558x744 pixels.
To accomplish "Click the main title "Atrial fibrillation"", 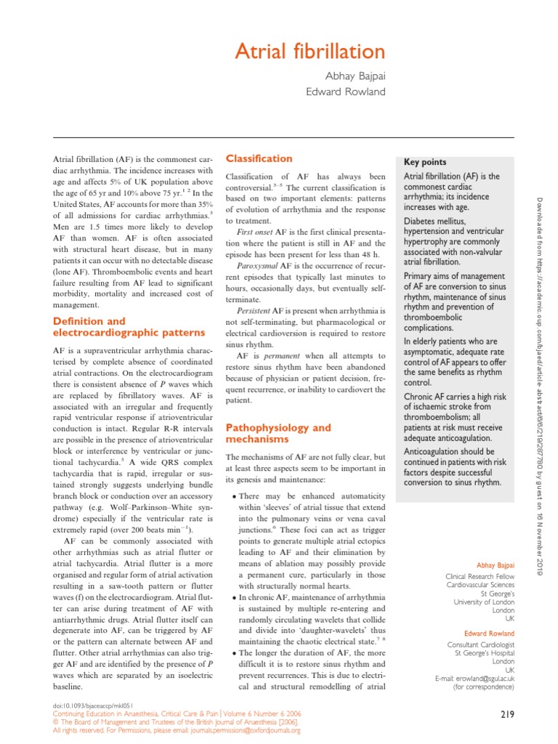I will coord(310,52).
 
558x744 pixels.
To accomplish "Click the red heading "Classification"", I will coord(259,158).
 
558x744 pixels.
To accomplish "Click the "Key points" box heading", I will coord(425,162).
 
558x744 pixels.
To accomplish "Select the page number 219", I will coord(507,715).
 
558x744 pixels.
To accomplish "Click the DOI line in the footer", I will coord(85,706).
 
